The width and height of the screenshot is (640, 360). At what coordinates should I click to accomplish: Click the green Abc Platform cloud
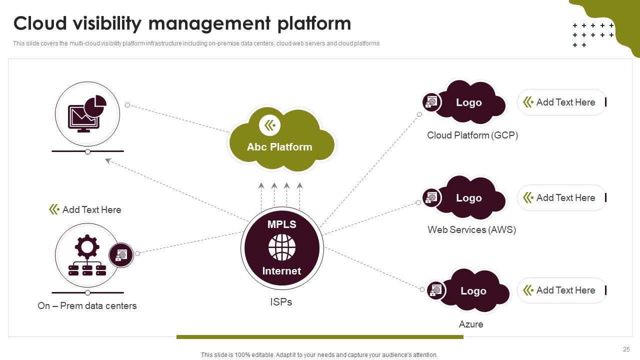tap(281, 145)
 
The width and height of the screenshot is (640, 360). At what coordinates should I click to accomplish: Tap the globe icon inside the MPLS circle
tap(282, 247)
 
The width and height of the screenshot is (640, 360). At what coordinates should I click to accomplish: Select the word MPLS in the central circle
tap(282, 224)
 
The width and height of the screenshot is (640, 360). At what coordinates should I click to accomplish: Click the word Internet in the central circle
tap(282, 271)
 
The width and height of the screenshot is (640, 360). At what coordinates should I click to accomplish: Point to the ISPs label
tap(281, 302)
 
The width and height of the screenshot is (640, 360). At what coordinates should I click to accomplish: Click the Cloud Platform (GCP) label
tap(472, 135)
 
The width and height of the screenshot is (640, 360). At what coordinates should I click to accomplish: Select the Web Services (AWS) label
tap(471, 229)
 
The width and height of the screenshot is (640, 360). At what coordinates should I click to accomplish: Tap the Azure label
tap(471, 324)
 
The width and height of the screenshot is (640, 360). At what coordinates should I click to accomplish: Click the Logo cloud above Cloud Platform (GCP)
tap(469, 102)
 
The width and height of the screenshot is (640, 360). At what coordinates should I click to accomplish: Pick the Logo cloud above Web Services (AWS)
tap(469, 198)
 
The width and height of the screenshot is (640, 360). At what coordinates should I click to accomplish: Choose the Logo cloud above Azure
tap(473, 291)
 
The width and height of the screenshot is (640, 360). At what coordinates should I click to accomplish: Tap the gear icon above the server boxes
tap(87, 246)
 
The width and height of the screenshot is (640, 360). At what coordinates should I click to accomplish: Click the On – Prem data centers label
tap(87, 305)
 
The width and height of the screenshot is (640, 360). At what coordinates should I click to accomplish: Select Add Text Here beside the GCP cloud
tap(565, 102)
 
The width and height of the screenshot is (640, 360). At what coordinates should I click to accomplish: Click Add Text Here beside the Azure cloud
tap(565, 290)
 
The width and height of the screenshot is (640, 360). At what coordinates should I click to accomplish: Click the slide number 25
tap(626, 349)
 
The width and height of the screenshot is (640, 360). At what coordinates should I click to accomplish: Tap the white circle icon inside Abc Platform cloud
tap(270, 125)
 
